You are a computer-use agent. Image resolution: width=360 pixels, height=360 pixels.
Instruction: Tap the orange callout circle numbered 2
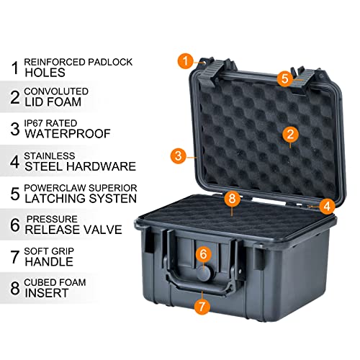pos(291,133)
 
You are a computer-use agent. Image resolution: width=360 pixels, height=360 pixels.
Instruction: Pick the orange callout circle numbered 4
pos(327,206)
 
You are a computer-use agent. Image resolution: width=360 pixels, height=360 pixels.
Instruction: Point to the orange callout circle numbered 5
pos(284,77)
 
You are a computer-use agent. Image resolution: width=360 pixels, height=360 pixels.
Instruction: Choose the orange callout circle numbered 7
pos(202,305)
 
